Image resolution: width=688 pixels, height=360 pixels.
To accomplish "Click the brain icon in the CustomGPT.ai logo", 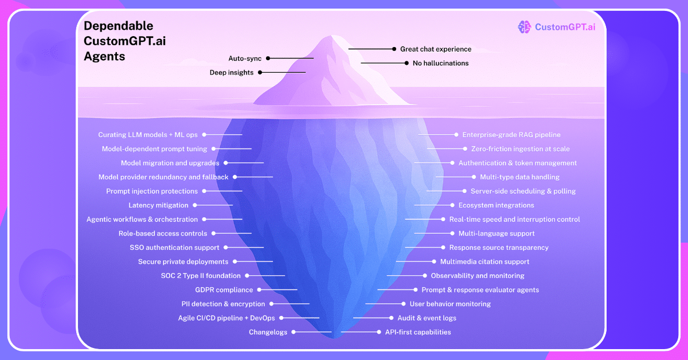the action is click(524, 27).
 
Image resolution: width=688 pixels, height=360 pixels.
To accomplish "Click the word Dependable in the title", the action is click(118, 26).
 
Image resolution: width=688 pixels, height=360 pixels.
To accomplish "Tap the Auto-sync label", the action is click(245, 58).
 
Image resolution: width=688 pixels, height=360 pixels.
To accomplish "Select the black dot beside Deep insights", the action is click(260, 72).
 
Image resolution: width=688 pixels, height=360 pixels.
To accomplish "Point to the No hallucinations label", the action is click(440, 63).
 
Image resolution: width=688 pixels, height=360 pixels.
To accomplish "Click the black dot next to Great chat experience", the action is click(394, 49).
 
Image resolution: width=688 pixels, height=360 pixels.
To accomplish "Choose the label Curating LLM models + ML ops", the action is click(148, 135).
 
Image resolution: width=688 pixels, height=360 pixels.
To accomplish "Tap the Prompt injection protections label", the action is click(152, 191).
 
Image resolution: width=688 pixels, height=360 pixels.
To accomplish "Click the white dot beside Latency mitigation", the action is click(195, 205).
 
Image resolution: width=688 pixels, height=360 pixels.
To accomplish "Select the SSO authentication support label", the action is click(174, 248).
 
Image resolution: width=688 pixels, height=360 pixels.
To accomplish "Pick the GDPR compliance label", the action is click(224, 290).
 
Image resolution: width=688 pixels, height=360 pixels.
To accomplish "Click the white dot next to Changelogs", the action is click(294, 332).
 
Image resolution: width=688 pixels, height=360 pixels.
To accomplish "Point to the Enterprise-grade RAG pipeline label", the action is click(511, 135).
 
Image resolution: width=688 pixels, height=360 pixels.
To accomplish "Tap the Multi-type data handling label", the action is click(519, 177).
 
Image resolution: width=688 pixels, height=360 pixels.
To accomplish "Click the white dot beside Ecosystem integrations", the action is click(452, 205).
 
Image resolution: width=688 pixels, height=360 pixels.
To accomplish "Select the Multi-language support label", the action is click(497, 233).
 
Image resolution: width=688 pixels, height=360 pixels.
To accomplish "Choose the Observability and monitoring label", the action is click(478, 276).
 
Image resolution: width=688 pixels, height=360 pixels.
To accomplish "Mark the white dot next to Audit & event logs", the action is click(391, 318).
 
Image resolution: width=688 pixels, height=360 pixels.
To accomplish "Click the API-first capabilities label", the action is click(418, 332).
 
